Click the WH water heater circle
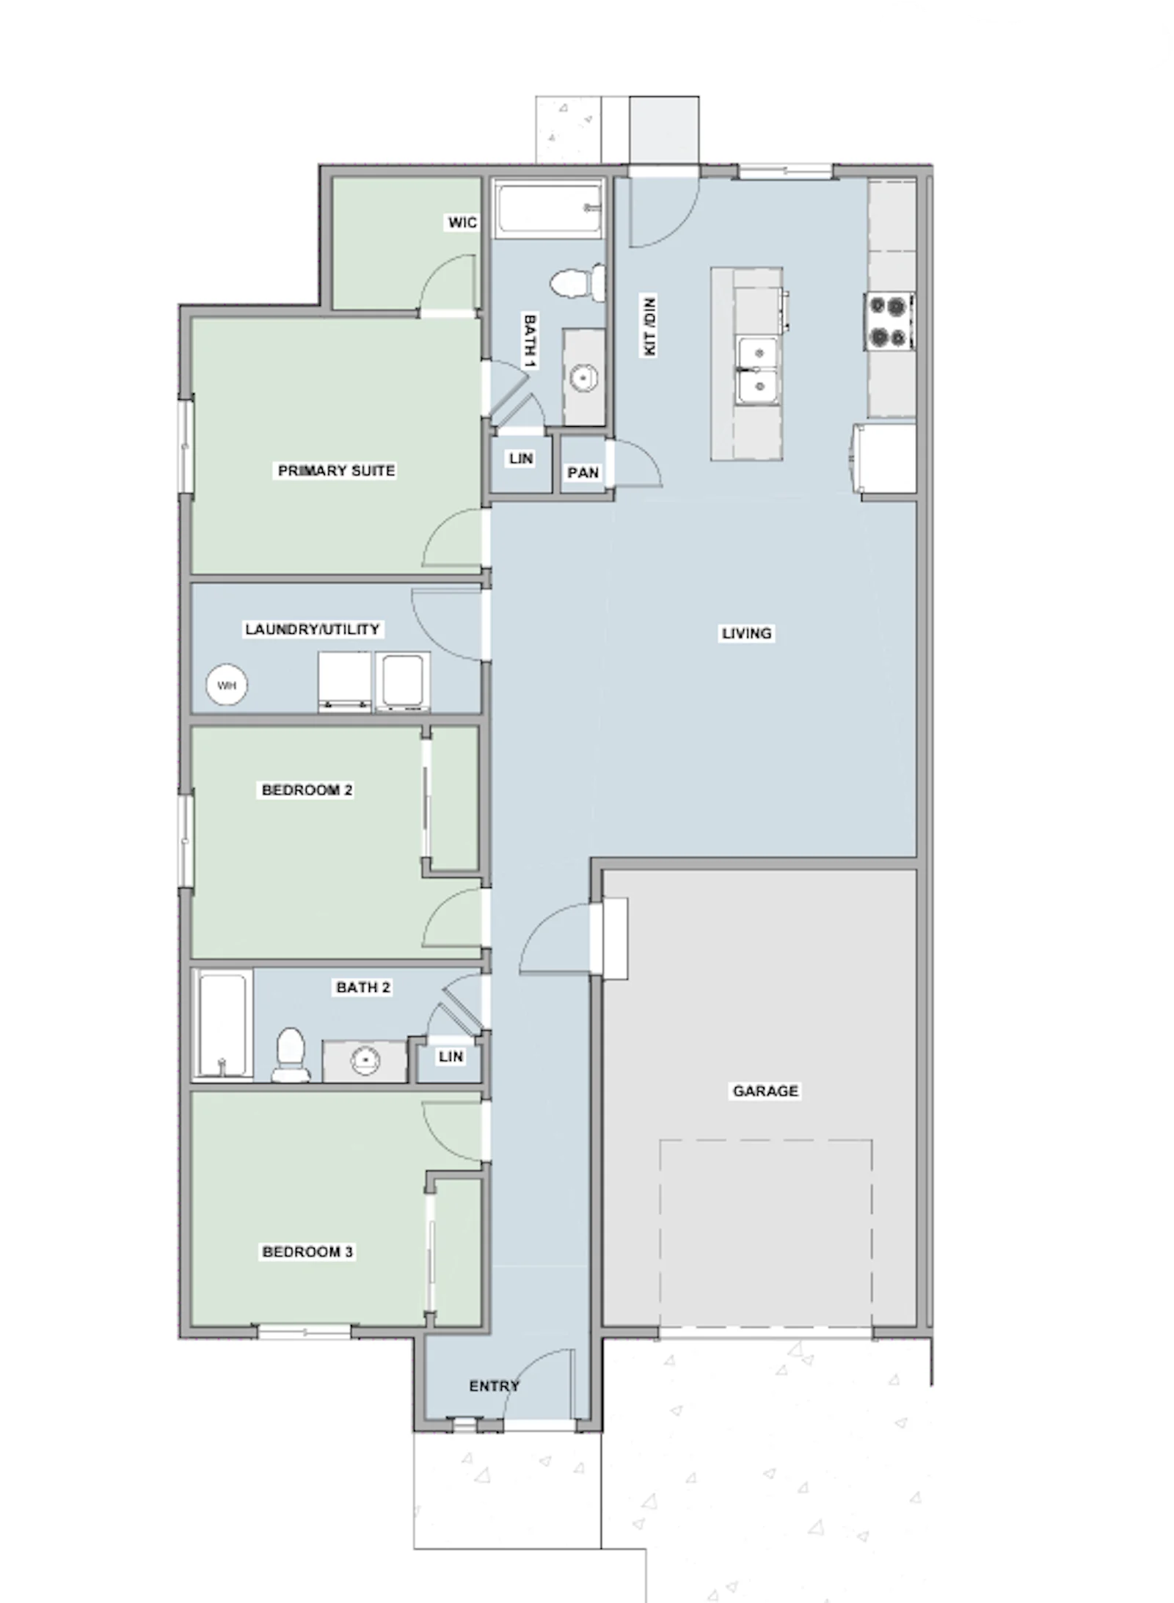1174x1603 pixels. coord(227,685)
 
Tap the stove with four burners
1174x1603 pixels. coord(890,321)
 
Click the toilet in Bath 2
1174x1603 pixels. coord(291,1054)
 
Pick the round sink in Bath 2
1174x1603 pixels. coord(365,1060)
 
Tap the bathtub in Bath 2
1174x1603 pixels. coord(222,1026)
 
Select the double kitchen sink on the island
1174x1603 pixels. coord(757,370)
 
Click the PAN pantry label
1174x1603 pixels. coord(583,473)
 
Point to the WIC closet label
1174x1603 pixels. coord(462,222)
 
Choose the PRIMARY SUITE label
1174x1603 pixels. coord(336,470)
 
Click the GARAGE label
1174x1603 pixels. coord(765,1091)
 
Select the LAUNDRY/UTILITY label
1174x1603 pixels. coord(312,629)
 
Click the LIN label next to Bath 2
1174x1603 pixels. coord(451,1056)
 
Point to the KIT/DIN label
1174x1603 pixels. coord(649,326)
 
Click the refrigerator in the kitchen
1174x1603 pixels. coord(885,459)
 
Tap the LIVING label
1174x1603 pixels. coord(746,633)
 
